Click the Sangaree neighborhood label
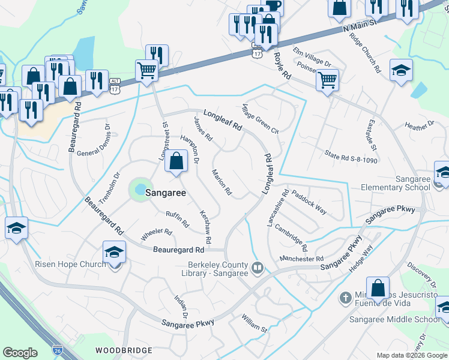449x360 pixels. [x=163, y=194]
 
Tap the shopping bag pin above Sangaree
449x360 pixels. [x=176, y=162]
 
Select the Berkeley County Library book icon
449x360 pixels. [x=258, y=267]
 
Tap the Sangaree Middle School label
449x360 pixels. [x=395, y=319]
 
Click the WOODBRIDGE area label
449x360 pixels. [x=120, y=349]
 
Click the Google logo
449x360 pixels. [x=20, y=353]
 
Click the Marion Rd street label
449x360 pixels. [x=221, y=182]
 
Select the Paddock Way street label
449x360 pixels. [x=309, y=202]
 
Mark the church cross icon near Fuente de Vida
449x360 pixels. [x=345, y=297]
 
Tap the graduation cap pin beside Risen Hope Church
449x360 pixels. [x=114, y=253]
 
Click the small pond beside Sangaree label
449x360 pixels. [x=139, y=190]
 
